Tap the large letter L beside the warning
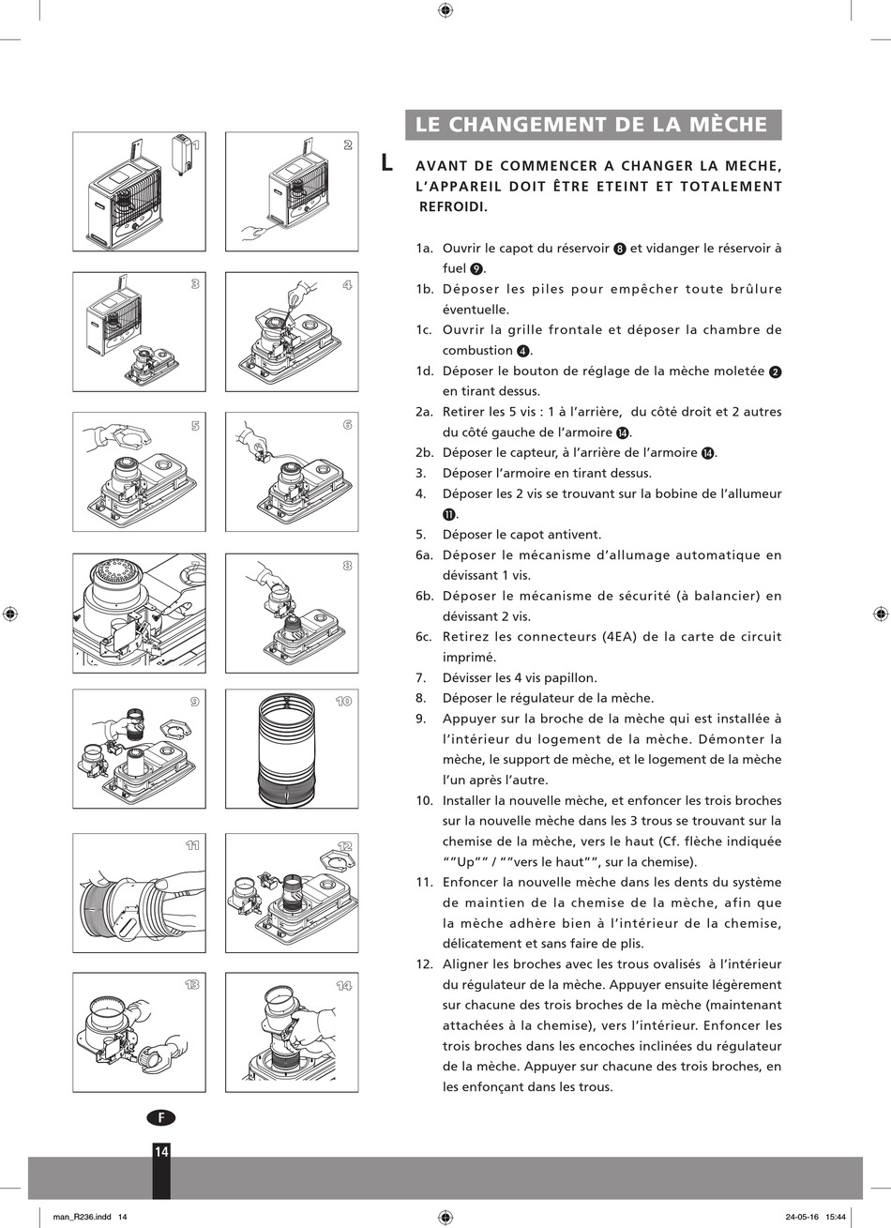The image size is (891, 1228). pyautogui.click(x=386, y=162)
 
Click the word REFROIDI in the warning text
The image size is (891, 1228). pyautogui.click(x=453, y=207)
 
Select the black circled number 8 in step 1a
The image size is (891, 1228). pyautogui.click(x=620, y=249)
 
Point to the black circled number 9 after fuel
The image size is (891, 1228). pyautogui.click(x=476, y=269)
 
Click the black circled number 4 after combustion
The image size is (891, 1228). pyautogui.click(x=523, y=351)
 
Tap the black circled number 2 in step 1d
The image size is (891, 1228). pyautogui.click(x=776, y=371)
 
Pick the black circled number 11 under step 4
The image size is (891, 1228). pyautogui.click(x=449, y=515)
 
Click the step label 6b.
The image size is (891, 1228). pyautogui.click(x=424, y=596)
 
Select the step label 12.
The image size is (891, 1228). pyautogui.click(x=424, y=964)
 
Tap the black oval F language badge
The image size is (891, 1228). pyautogui.click(x=161, y=1118)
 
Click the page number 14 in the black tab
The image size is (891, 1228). pyautogui.click(x=161, y=1151)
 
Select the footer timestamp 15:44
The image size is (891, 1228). pyautogui.click(x=835, y=1217)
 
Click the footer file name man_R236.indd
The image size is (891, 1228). pyautogui.click(x=83, y=1217)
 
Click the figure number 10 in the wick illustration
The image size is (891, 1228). pyautogui.click(x=343, y=701)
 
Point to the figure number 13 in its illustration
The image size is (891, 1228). pyautogui.click(x=191, y=985)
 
